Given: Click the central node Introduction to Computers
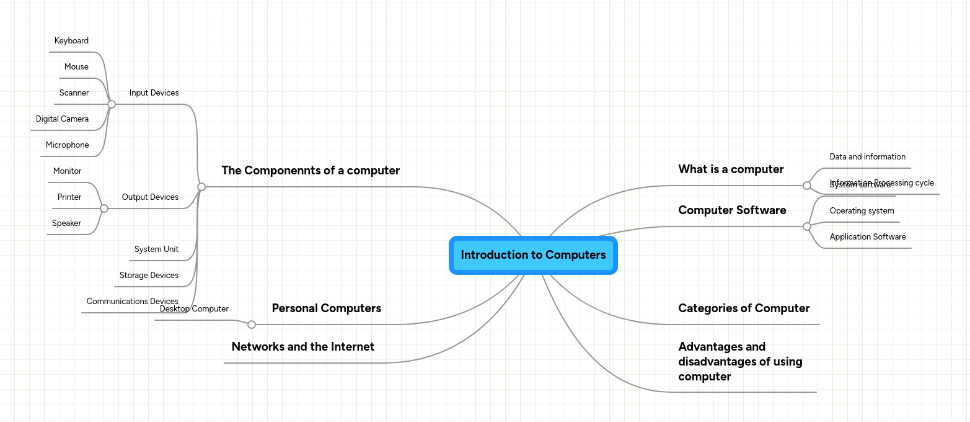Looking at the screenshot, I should [533, 255].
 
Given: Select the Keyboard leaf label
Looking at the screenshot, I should [71, 41].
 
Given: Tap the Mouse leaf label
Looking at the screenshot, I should [76, 67].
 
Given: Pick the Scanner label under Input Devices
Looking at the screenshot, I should [74, 93].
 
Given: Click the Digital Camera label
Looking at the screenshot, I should [62, 119].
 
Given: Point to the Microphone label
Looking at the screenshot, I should [67, 145].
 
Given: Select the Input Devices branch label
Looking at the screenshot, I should [154, 93].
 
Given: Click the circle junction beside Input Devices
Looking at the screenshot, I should [112, 104].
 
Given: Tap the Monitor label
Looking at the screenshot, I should [67, 171].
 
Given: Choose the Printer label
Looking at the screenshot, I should [69, 197].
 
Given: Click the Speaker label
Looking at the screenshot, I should [66, 223].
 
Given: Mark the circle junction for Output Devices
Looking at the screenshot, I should [104, 209].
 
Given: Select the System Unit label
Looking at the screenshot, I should [156, 249].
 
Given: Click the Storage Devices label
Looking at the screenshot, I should [149, 276].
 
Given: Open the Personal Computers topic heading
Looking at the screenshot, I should [326, 308].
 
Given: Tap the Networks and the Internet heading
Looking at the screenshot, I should [302, 347].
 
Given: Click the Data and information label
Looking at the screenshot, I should [867, 157].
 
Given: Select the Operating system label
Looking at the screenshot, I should [862, 211].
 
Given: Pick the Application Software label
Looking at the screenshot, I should [867, 237].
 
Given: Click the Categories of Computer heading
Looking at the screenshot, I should [744, 308].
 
